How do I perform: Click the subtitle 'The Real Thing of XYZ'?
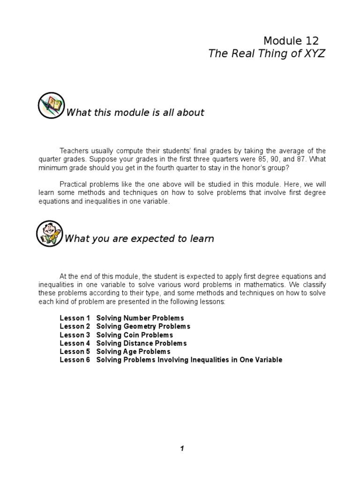(266, 54)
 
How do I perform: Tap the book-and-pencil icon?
(51, 105)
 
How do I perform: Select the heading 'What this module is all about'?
(135, 112)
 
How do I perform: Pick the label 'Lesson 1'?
(75, 318)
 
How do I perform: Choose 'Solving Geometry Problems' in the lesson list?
(143, 327)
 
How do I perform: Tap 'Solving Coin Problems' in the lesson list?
(135, 335)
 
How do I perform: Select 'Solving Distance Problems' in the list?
(142, 344)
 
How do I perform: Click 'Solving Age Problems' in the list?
(133, 352)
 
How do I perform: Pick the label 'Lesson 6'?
(75, 360)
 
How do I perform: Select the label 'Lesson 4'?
(75, 344)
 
